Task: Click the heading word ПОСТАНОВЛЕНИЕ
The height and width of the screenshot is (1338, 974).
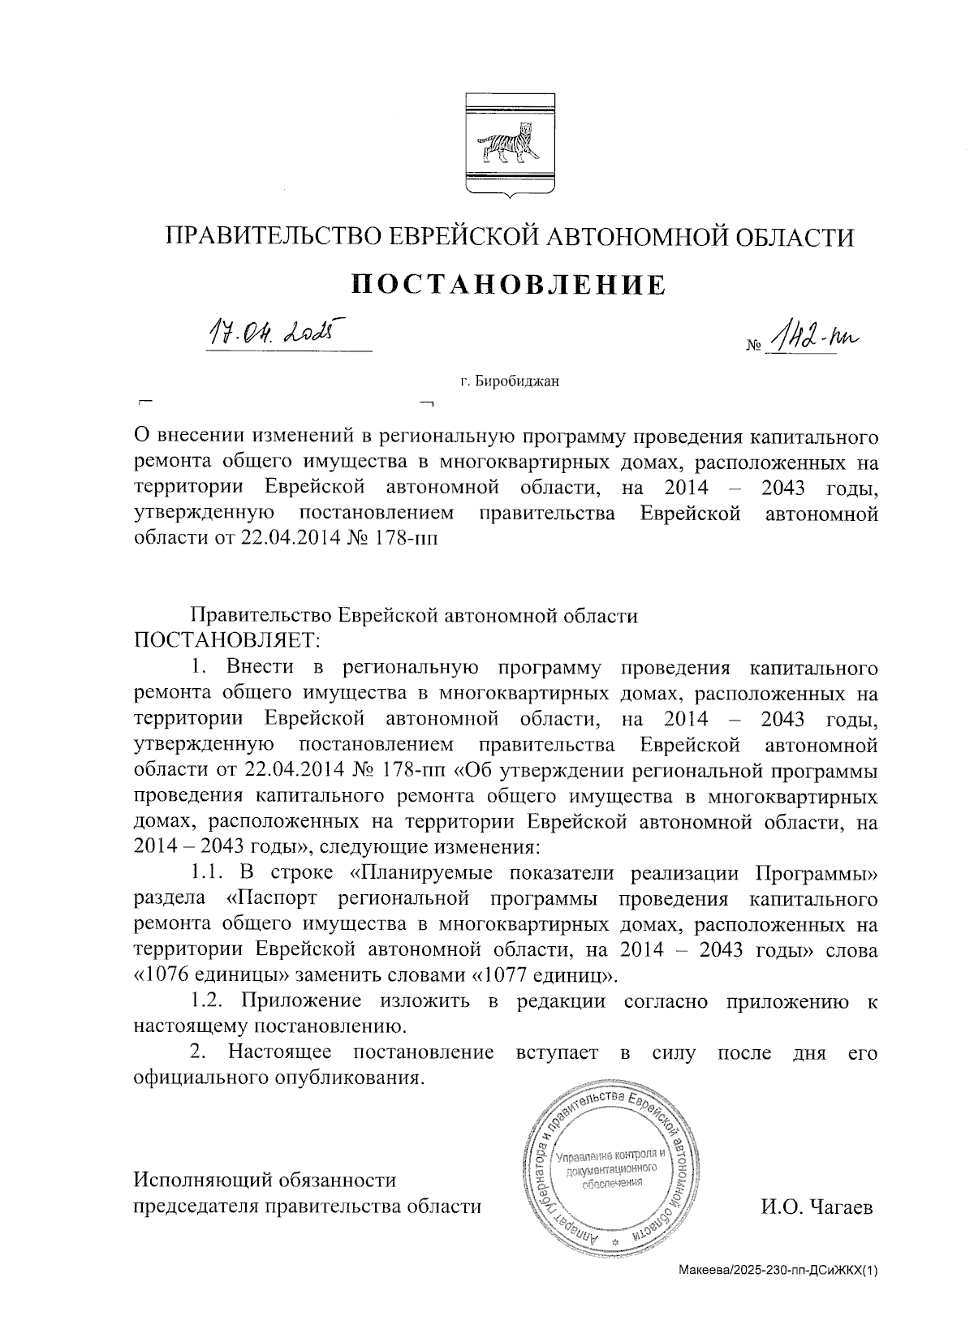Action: [509, 284]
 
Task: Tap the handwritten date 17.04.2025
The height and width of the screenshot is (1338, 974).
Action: [274, 333]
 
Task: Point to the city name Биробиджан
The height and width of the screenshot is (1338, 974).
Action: [518, 381]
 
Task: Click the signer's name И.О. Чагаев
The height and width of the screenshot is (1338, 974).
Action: [816, 1207]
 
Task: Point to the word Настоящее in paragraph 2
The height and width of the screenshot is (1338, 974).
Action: [279, 1052]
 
